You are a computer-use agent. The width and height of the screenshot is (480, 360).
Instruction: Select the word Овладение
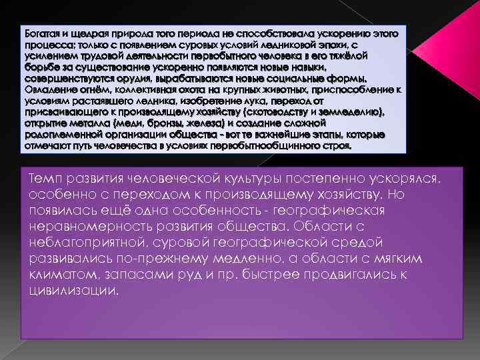pos(48,89)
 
